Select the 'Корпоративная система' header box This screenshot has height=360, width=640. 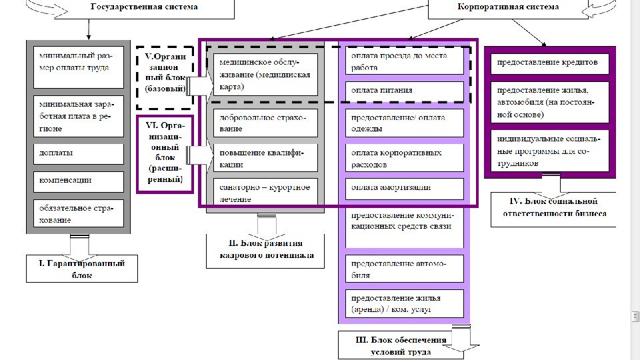[509, 7]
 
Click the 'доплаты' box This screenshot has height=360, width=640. [79, 153]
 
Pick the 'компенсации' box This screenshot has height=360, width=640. [79, 181]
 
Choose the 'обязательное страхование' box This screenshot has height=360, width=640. [79, 214]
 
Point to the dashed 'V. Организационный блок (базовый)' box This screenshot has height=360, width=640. [165, 77]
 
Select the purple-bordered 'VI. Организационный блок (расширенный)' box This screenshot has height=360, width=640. [165, 155]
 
